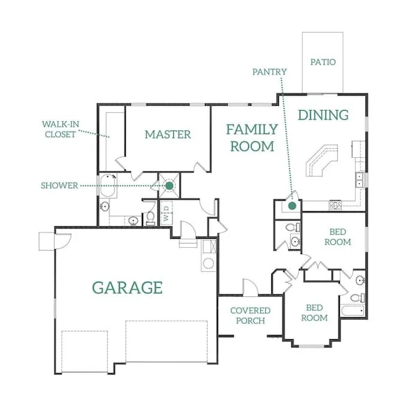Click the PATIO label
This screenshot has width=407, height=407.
click(323, 62)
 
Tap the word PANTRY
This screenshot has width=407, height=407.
click(269, 72)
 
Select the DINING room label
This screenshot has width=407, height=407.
click(323, 115)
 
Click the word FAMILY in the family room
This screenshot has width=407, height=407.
click(252, 129)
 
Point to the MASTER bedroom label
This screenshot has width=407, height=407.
click(168, 134)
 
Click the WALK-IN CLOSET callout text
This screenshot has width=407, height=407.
click(60, 129)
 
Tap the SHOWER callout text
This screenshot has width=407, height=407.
click(60, 186)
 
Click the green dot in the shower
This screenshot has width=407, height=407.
click(170, 186)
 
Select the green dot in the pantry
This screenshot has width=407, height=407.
click(292, 206)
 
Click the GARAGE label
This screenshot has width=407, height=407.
click(127, 288)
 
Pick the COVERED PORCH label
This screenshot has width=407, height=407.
click(251, 316)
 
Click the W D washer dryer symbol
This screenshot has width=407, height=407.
click(166, 212)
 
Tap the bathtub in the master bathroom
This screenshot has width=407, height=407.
click(108, 186)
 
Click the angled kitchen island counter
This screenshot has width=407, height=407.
click(322, 161)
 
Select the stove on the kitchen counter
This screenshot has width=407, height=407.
click(335, 206)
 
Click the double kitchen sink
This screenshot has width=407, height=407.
click(359, 180)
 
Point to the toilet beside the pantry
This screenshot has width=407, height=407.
click(293, 228)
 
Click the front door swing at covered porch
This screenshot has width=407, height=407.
click(251, 287)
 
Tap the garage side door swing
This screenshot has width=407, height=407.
click(63, 240)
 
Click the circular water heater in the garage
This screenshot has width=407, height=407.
click(208, 264)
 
